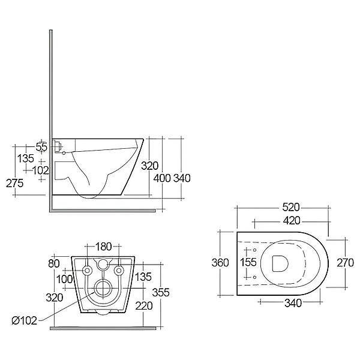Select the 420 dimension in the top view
282,220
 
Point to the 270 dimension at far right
344,262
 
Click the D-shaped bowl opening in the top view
280,263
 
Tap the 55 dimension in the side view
41,146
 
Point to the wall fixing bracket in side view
58,145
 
